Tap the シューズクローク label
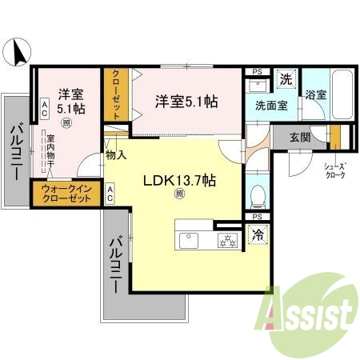tap(334, 170)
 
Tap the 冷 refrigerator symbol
tap(258, 235)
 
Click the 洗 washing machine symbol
tap(286, 79)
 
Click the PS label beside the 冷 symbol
tap(257, 217)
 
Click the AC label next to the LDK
tap(110, 191)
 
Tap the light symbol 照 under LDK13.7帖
tap(180, 194)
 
